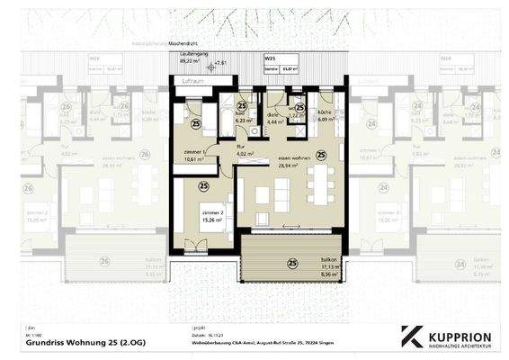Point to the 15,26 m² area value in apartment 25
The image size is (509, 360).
click(212, 220)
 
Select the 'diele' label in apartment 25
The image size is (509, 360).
click(272, 115)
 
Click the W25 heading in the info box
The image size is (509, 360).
click(270, 58)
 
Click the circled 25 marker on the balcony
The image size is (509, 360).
click(292, 264)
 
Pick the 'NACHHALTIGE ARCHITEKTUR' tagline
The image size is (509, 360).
click(460, 343)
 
